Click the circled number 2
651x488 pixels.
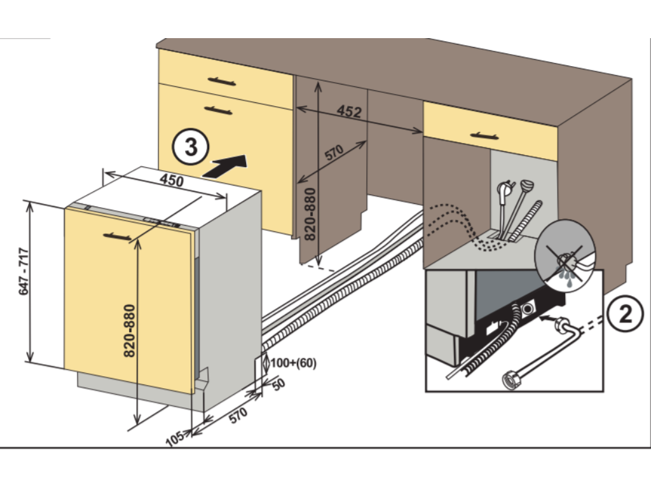[x=626, y=315]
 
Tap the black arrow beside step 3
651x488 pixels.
[x=224, y=166]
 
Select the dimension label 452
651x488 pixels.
[x=349, y=112]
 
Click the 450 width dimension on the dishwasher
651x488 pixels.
[x=171, y=180]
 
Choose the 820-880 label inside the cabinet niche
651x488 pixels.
[x=310, y=213]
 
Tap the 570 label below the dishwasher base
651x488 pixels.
[x=237, y=416]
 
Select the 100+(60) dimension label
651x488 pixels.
[x=293, y=363]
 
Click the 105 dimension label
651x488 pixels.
[x=174, y=438]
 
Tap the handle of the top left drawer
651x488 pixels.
[x=221, y=81]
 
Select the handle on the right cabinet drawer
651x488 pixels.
[x=484, y=135]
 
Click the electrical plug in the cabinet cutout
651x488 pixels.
[x=507, y=189]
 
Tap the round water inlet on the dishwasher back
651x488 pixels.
[x=527, y=308]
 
